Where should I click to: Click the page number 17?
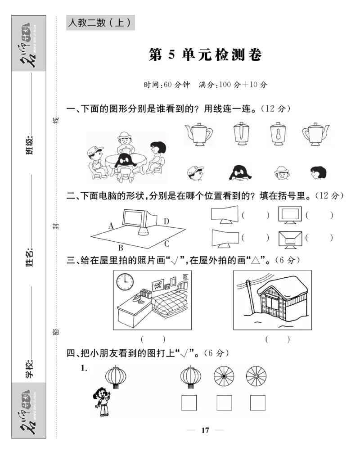pos(205,430)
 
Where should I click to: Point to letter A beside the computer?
pos(111,226)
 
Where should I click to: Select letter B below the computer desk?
pos(121,247)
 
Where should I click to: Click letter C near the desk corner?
pos(166,244)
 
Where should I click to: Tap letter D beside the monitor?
pos(166,221)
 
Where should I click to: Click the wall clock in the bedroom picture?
pos(125,282)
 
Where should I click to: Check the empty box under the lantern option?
pos(189,402)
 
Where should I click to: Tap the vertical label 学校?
pos(30,369)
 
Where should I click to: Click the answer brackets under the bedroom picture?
pos(153,339)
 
